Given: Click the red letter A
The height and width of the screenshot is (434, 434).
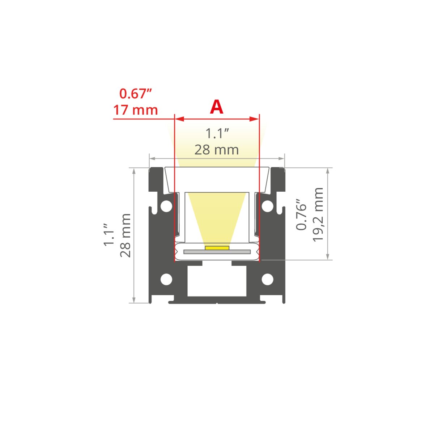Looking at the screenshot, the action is tap(216, 107).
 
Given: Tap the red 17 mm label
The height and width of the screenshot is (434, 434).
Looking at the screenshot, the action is tap(135, 110).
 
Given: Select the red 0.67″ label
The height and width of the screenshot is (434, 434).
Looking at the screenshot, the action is tap(136, 94).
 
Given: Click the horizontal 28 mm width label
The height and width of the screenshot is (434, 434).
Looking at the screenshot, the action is tap(216, 150).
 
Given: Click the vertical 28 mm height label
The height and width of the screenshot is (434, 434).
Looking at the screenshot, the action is tap(125, 235).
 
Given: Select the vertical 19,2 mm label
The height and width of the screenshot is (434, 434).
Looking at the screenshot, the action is tap(318, 214).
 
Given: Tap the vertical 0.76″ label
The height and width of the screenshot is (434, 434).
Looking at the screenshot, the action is tap(301, 214).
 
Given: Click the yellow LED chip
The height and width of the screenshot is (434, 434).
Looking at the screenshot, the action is tap(217, 248).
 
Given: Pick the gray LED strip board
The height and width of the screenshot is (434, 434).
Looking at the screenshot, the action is tap(217, 252).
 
